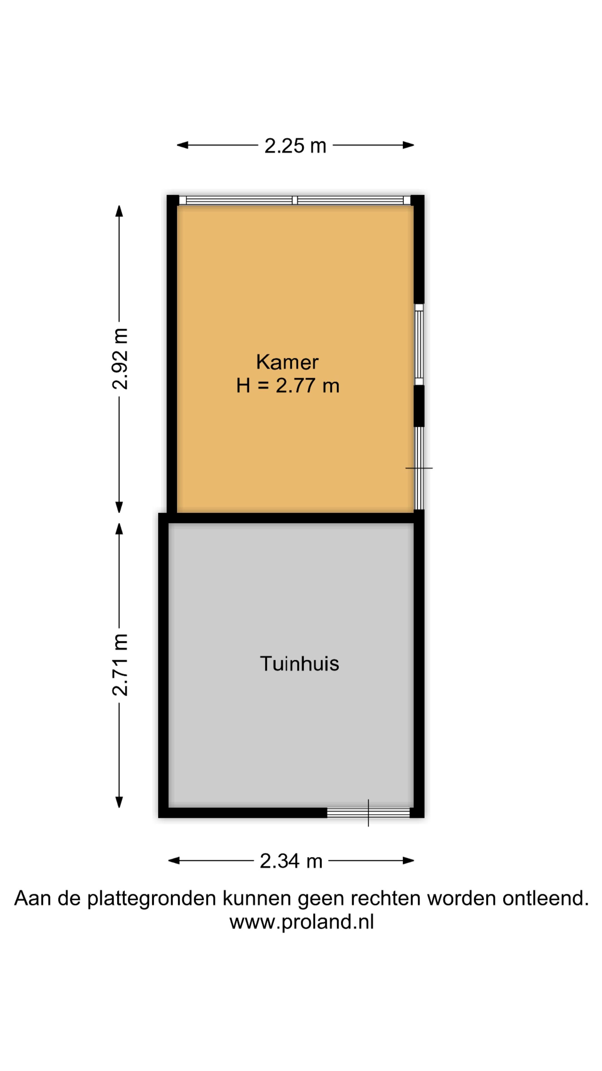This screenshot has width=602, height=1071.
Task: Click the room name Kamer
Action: (287, 362)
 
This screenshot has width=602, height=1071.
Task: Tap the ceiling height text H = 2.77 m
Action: (288, 386)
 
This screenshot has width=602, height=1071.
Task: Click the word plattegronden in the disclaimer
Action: (152, 899)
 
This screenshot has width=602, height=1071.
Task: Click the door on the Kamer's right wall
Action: (419, 468)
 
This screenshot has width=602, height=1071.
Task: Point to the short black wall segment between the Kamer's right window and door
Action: (419, 406)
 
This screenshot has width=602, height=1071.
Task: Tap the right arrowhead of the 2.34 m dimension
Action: (409, 861)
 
